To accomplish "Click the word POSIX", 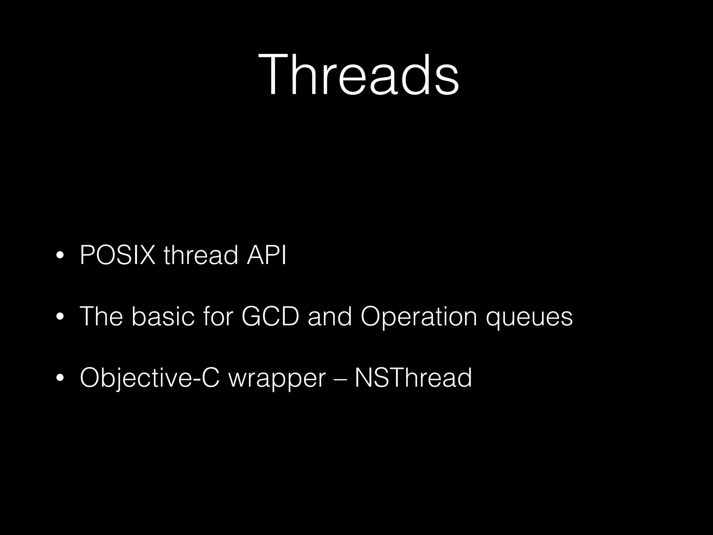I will pos(117,255).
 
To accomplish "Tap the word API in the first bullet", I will pos(266,255).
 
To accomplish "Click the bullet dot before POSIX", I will pos(60,256).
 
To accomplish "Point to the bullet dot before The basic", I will pos(60,317).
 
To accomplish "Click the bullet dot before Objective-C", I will pos(60,378).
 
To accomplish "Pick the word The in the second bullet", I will pos(101,317).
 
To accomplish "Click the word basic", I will pos(163,317).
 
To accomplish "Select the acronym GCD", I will pos(270,317).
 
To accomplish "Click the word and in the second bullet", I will pos(329,317).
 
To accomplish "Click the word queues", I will pos(529,319).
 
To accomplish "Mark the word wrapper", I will pos(277,380).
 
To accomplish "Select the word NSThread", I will pos(413,378).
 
